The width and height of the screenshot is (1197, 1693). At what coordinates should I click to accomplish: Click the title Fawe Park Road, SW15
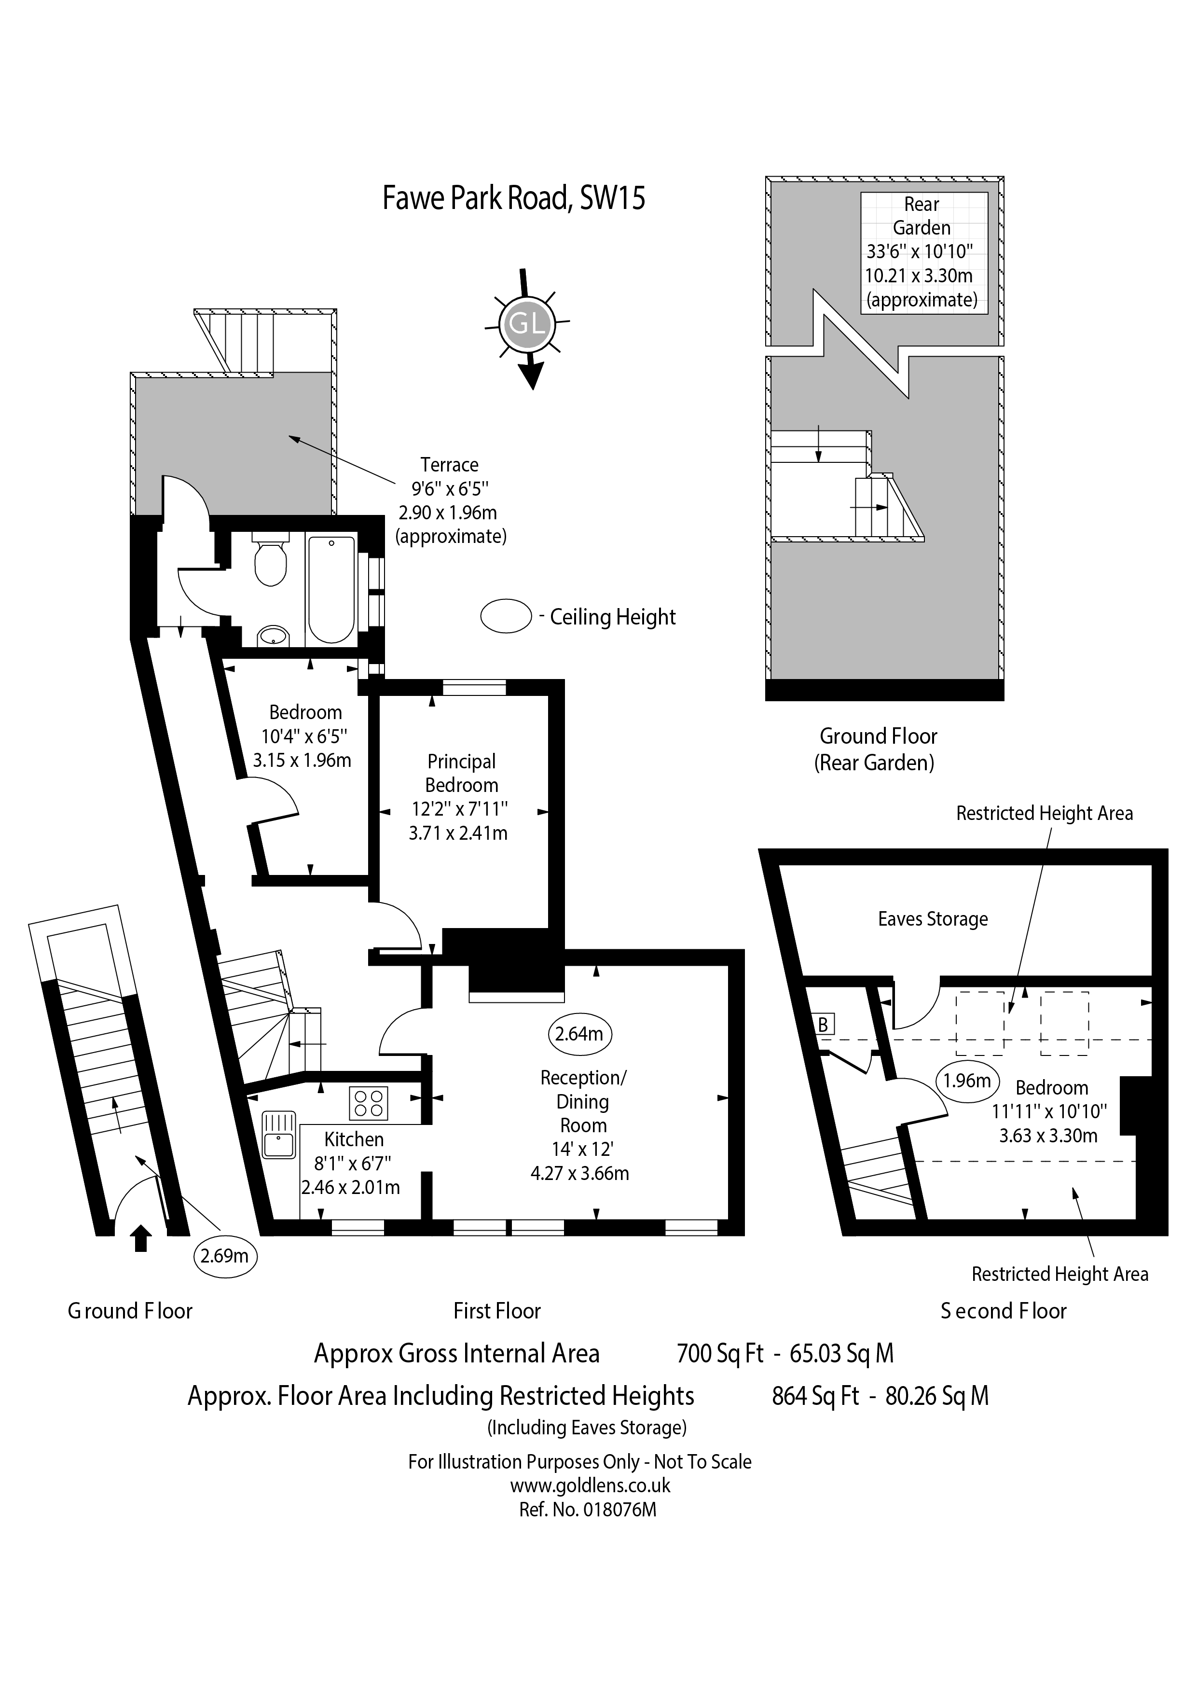(514, 198)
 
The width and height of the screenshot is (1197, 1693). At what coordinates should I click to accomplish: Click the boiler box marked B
(823, 1024)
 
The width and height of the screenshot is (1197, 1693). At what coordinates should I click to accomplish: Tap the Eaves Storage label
(933, 919)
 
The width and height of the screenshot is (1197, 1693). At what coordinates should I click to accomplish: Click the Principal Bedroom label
(461, 773)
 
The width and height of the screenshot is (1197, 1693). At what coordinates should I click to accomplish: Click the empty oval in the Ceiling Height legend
(506, 616)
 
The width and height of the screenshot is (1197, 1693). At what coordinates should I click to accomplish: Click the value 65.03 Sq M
(841, 1353)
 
